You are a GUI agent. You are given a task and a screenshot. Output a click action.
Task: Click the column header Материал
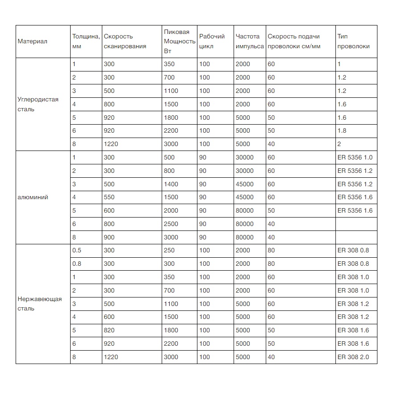coord(33,42)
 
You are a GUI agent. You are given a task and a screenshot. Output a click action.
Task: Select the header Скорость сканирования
coord(118,42)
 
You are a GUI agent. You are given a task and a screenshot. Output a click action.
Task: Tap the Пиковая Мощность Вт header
coord(177,42)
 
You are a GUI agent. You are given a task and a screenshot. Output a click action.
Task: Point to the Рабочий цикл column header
coord(212,42)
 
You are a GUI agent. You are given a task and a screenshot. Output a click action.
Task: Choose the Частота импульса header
coord(249,42)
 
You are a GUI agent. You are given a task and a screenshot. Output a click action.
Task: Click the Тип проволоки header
coord(348,42)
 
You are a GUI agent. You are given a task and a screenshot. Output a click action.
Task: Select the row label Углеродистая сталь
coord(38,104)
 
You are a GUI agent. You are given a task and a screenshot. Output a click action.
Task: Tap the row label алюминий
coord(33,197)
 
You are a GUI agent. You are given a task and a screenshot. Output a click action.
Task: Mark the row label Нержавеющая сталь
coord(39,304)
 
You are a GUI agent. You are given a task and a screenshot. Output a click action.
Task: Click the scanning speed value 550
coord(109,197)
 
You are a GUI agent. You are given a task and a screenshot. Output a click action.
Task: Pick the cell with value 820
coord(109,331)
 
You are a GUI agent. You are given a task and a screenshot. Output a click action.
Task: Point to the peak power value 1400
coord(171,184)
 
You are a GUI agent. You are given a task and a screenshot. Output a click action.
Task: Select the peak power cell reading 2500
coord(171,224)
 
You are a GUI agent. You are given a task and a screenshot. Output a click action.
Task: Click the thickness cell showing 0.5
coord(77,251)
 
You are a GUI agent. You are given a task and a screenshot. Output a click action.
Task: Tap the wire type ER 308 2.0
coord(353,357)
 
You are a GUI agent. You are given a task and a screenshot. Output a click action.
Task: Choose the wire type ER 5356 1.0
coord(355,158)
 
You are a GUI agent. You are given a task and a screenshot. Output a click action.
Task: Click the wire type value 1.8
coord(342,131)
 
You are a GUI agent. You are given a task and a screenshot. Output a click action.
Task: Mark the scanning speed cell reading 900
coord(109,237)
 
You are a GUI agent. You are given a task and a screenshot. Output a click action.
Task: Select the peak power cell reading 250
coord(169,251)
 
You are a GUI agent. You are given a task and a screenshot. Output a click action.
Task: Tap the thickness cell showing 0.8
coord(77,264)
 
